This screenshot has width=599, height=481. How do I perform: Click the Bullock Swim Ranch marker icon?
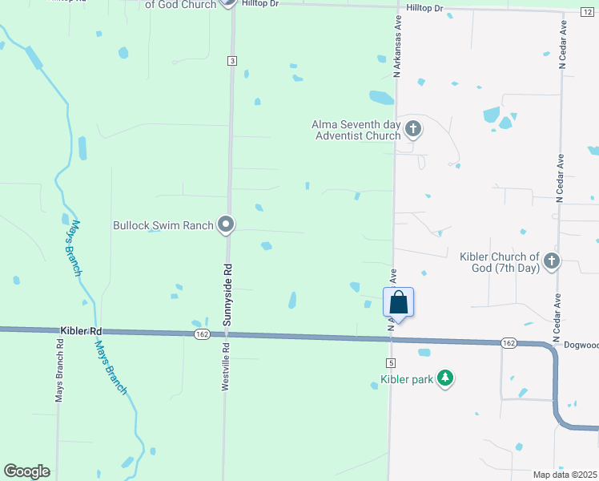(227, 224)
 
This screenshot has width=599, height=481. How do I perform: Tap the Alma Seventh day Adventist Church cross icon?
(413, 128)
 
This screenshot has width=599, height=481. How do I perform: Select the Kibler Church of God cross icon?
(552, 261)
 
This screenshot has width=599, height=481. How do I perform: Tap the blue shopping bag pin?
(398, 304)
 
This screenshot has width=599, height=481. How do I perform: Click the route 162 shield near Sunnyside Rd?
(200, 333)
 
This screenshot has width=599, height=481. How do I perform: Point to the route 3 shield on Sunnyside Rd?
(231, 61)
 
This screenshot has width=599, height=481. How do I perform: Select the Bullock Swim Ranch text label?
(163, 225)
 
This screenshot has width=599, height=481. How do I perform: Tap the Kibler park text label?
(407, 378)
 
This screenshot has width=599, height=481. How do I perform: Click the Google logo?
(26, 471)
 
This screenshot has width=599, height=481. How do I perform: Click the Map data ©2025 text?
(565, 475)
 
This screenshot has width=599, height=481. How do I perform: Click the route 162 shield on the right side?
(509, 343)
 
